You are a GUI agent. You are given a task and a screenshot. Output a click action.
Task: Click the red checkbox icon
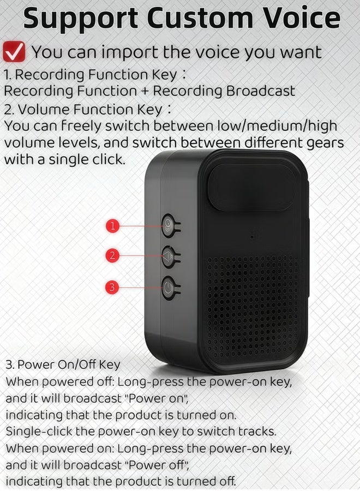(x=14, y=52)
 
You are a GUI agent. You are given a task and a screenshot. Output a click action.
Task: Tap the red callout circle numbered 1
(x=112, y=225)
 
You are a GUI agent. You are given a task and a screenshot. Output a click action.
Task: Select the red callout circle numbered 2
(x=112, y=255)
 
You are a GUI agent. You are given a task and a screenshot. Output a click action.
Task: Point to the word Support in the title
(x=81, y=19)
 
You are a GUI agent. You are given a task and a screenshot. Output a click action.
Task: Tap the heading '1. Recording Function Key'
(x=91, y=75)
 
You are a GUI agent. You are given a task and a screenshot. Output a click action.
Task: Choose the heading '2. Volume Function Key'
(x=83, y=110)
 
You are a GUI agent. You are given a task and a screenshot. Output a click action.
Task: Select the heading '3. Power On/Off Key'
(x=63, y=364)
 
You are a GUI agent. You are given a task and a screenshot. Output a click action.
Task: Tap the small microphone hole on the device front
(x=251, y=237)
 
